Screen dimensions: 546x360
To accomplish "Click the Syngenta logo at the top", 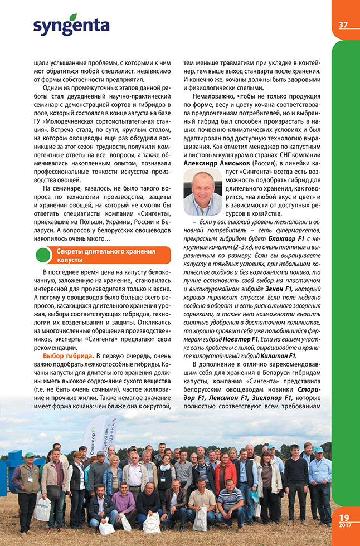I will click(71, 25).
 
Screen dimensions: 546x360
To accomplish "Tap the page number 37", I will click(343, 25).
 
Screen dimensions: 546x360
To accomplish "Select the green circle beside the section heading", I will click(44, 255).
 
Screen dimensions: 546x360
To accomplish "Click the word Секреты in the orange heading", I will click(72, 251).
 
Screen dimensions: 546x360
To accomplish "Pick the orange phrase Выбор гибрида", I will click(68, 355).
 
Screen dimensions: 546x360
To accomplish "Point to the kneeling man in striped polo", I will click(229, 500).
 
